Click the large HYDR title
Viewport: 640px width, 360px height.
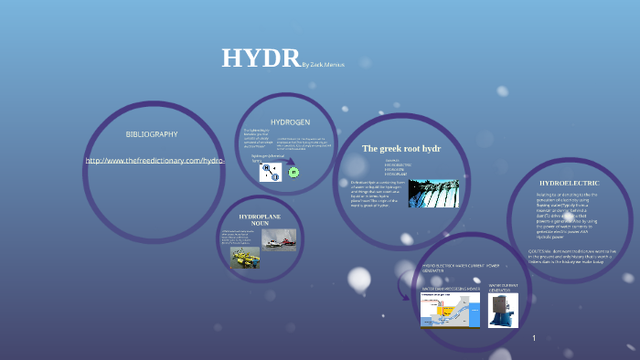click(x=261, y=58)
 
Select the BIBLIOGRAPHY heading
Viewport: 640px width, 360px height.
click(x=152, y=134)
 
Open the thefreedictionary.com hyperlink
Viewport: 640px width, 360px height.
click(x=155, y=161)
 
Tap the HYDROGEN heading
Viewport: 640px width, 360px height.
click(x=290, y=122)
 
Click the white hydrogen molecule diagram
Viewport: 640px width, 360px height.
click(x=271, y=172)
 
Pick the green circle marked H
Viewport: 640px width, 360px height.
click(x=293, y=172)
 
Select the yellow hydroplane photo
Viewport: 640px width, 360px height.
click(x=244, y=258)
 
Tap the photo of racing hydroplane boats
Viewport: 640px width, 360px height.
click(x=279, y=239)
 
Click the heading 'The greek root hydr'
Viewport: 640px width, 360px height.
click(x=401, y=148)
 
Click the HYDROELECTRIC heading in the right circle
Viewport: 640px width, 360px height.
click(x=570, y=184)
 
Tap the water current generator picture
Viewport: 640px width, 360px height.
click(x=503, y=310)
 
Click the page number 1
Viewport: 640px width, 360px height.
click(x=534, y=338)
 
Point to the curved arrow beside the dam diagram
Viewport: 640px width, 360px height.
click(x=404, y=286)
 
